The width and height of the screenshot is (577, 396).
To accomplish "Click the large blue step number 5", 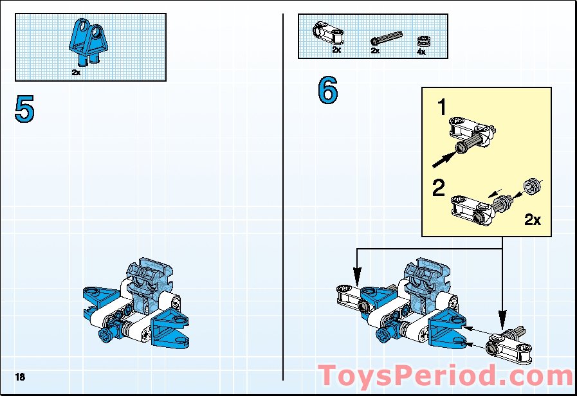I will [x=24, y=109].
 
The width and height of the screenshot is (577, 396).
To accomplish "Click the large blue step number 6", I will [x=327, y=91].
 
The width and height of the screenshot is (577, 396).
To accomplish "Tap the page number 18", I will [x=20, y=377].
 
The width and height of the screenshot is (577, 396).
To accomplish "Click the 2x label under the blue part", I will [x=76, y=73].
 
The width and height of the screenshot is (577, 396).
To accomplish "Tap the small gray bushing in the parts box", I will [x=422, y=40].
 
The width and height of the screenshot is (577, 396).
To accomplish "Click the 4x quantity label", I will [x=421, y=51].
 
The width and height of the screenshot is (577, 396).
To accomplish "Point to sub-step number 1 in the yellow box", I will [x=442, y=108].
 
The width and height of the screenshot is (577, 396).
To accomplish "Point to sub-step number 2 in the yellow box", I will [x=438, y=188].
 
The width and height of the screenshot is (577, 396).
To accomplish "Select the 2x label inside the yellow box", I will [x=533, y=220].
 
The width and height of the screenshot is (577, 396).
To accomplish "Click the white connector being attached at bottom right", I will [x=508, y=344].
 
